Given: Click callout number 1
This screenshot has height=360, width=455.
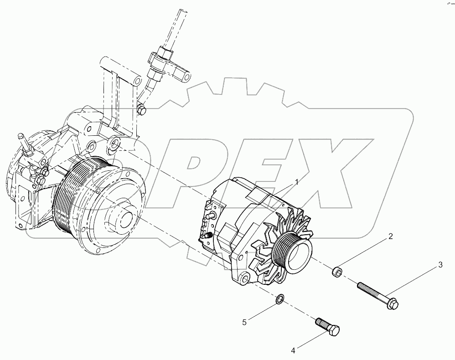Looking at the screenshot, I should coord(297,182).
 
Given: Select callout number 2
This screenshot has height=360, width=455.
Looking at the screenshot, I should coord(390,237).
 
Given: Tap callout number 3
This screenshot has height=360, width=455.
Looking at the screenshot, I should coord(440,264).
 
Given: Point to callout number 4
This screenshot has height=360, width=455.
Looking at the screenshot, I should coord(294,350).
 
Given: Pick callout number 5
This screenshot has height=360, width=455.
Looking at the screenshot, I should coord(244,322).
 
